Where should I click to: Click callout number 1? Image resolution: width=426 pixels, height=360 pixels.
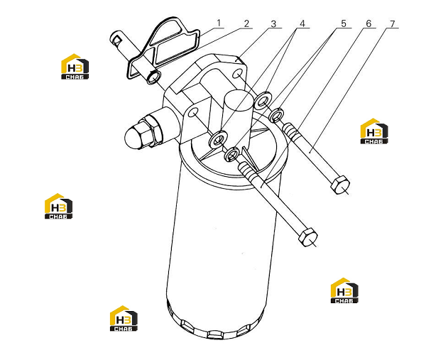tap(219, 23)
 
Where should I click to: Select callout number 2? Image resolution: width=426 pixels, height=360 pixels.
tap(246, 23)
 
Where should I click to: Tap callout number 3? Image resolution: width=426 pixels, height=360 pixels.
tap(273, 24)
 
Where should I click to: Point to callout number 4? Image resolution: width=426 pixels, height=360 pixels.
tap(302, 23)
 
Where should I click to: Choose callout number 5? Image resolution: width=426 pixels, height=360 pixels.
tap(344, 23)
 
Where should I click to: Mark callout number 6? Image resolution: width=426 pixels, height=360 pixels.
tap(368, 23)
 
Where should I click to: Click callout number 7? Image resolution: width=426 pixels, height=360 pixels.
tap(393, 24)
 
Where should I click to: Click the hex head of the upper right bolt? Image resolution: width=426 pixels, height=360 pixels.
tap(340, 185)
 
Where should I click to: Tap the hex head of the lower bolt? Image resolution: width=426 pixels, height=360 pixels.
tap(308, 237)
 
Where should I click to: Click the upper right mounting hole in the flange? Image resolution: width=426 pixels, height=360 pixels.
tap(238, 73)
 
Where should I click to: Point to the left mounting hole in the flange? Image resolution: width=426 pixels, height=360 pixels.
tap(193, 112)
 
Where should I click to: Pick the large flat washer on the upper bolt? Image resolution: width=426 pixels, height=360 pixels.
tap(262, 101)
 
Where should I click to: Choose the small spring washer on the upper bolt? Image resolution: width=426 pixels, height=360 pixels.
tap(276, 115)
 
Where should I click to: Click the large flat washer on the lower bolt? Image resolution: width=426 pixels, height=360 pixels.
tap(218, 140)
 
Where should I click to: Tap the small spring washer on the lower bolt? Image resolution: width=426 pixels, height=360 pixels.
tap(231, 154)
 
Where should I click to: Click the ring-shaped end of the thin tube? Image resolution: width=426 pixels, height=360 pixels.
tap(153, 77)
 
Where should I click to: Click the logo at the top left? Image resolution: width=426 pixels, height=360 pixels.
tap(75, 67)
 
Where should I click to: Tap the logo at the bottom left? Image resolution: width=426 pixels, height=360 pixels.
tap(124, 318)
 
